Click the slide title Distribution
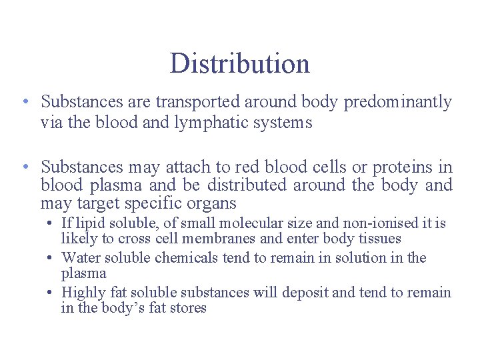pos(239,63)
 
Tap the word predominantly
pos(397,102)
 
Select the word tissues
pos(379,239)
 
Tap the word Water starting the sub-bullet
pos(79,258)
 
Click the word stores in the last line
pos(189,308)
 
